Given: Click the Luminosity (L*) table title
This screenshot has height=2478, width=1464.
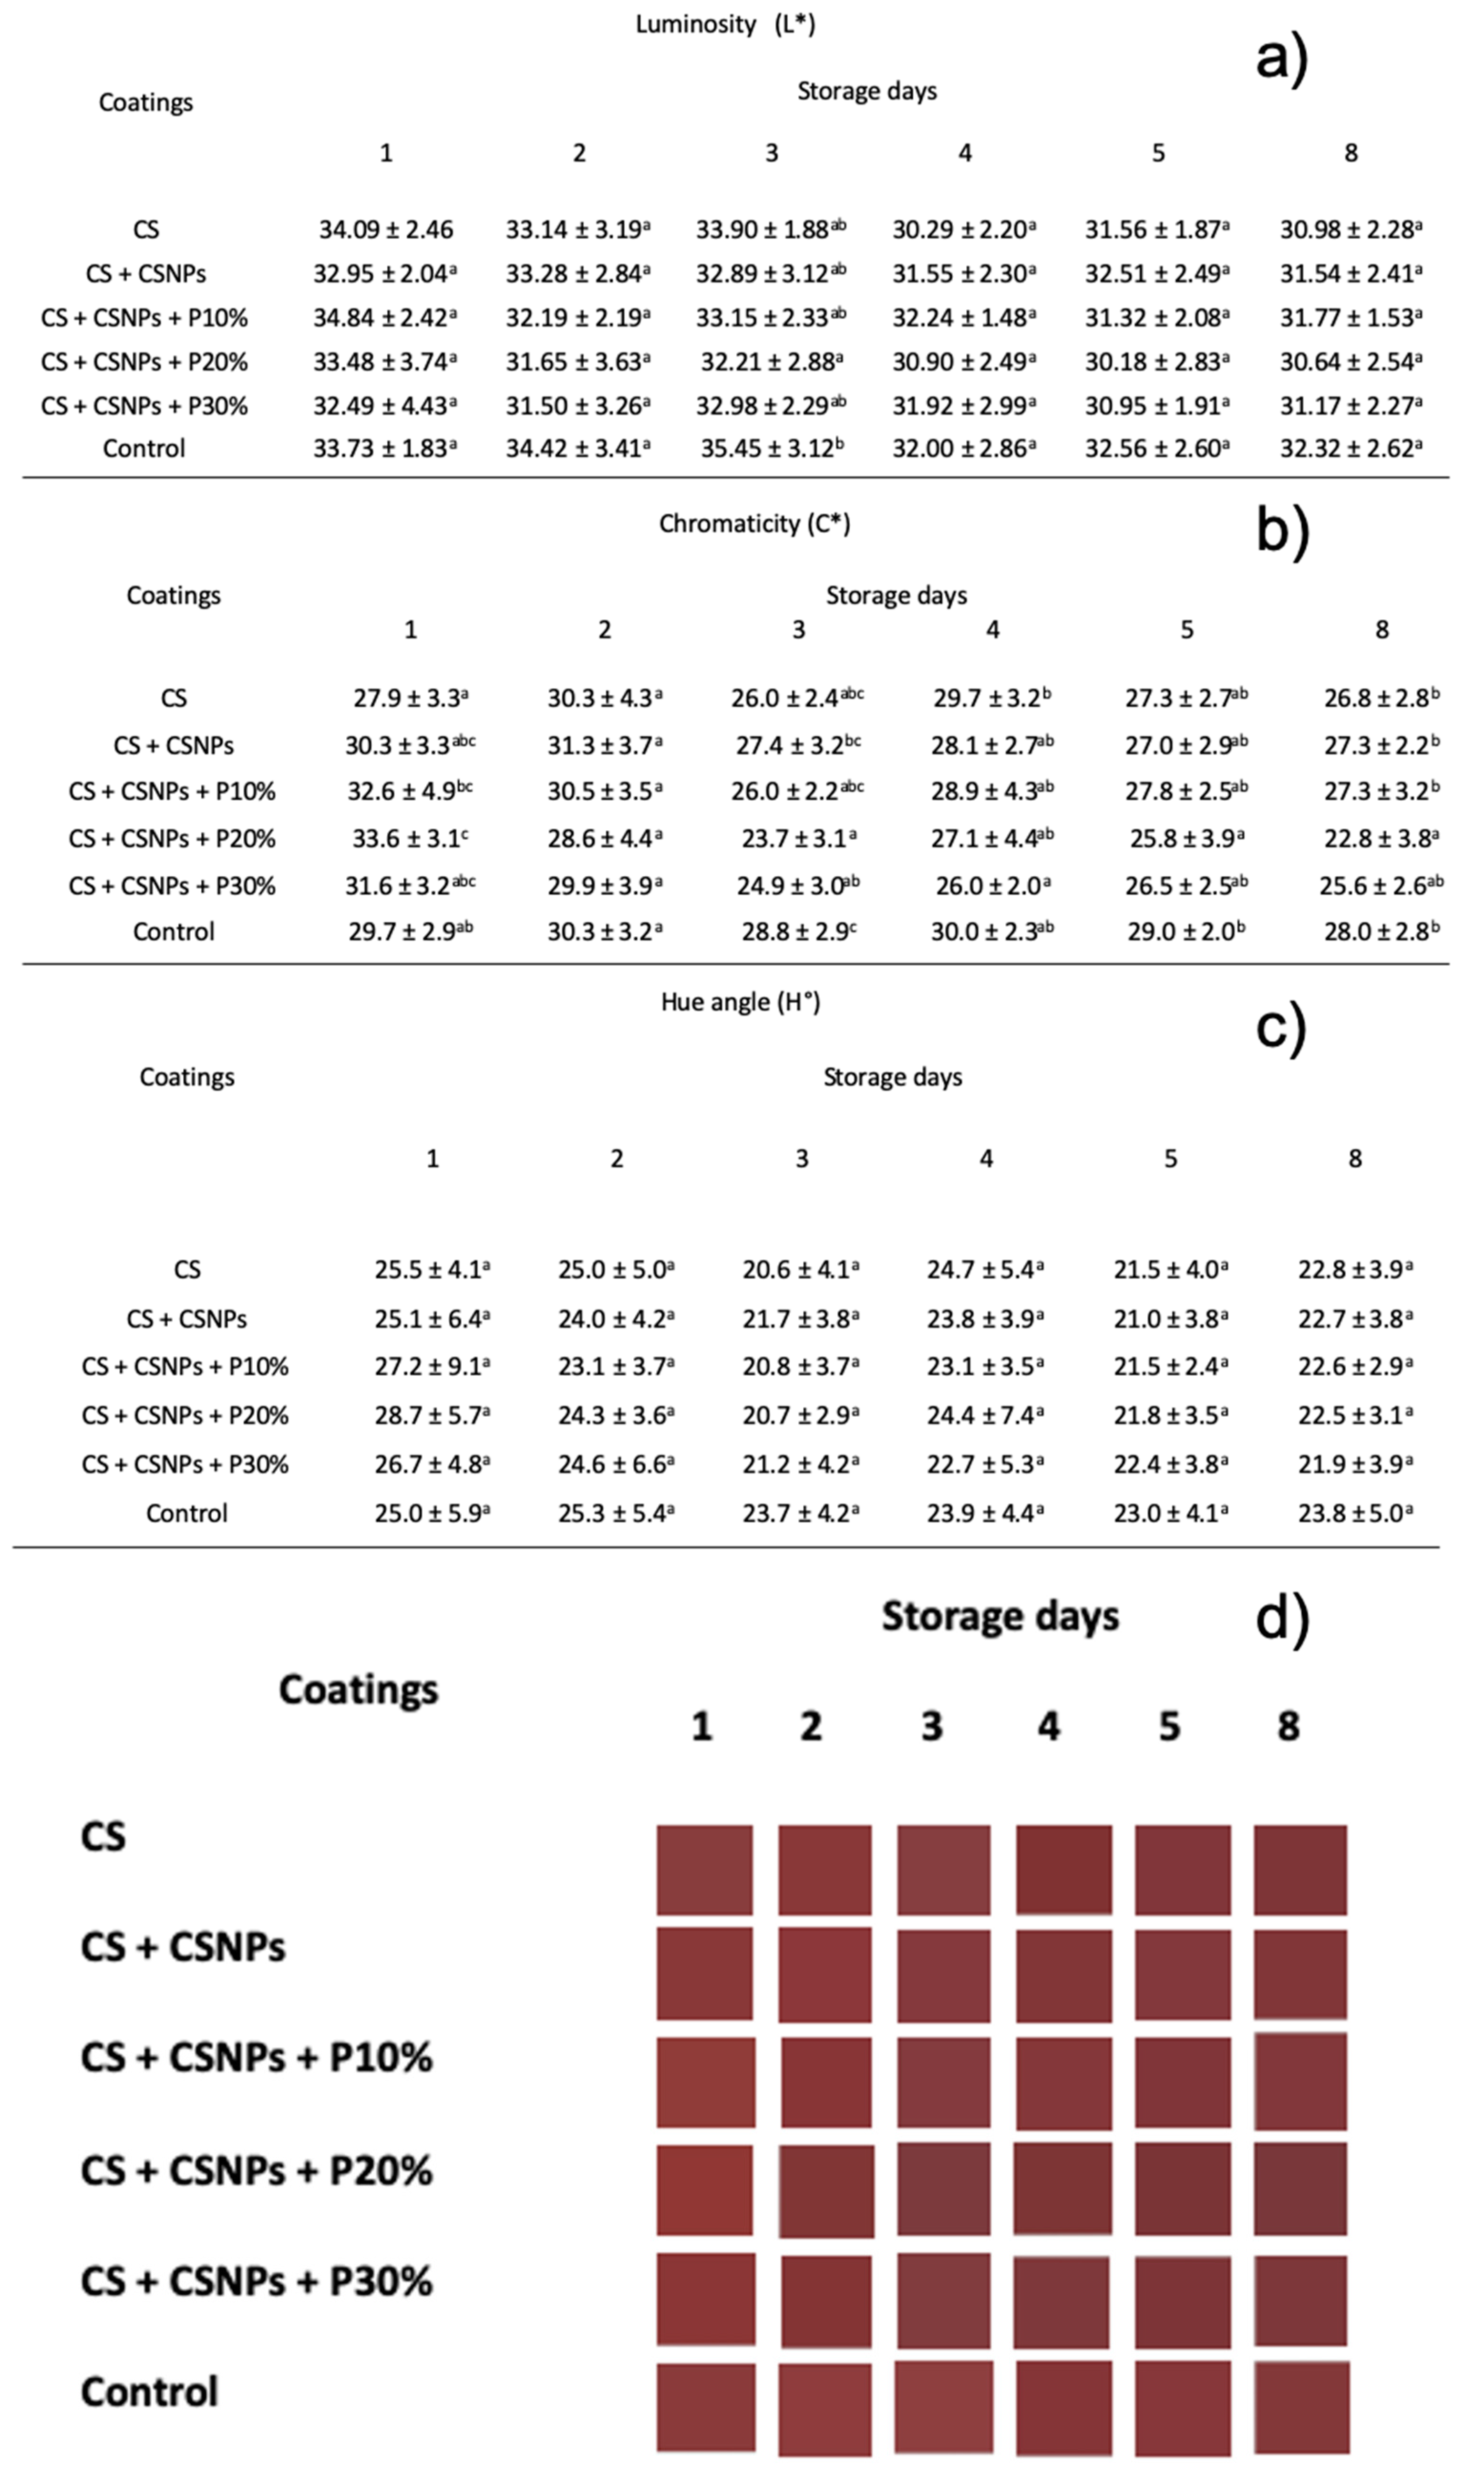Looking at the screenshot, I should [x=725, y=25].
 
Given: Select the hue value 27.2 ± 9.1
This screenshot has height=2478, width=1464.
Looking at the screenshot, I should [x=431, y=1367].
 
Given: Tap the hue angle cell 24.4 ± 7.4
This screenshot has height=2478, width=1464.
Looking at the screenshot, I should [x=984, y=1415].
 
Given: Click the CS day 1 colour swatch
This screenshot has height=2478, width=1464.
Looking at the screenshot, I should [x=704, y=1870].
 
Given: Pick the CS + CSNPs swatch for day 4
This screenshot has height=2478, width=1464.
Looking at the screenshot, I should [x=1063, y=1975].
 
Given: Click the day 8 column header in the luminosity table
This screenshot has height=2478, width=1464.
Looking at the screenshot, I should [x=1351, y=153].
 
